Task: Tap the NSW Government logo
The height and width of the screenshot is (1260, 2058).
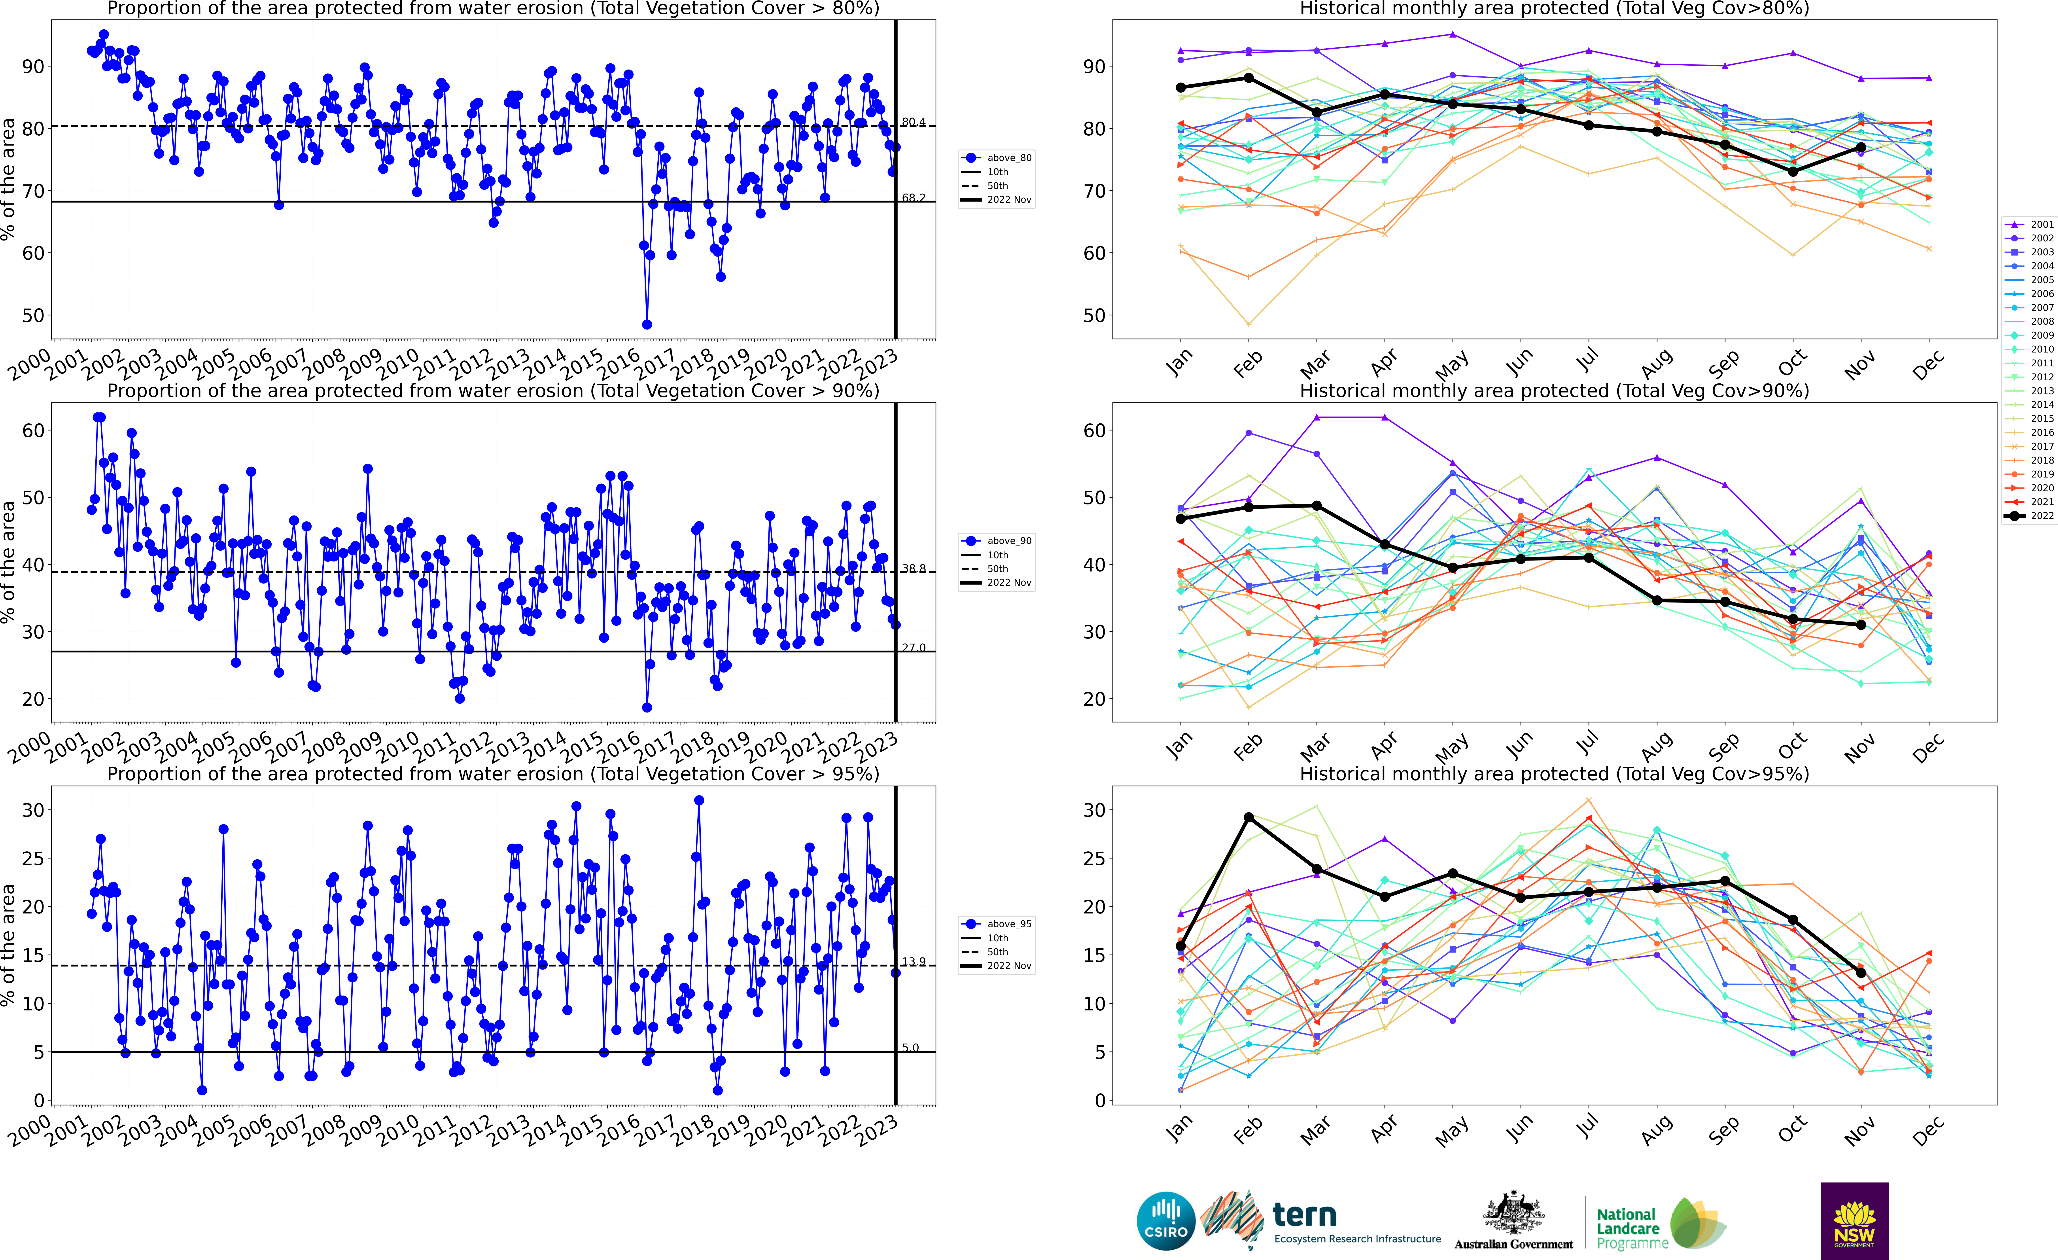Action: [x=1854, y=1220]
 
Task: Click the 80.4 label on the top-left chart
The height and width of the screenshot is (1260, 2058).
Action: [x=914, y=122]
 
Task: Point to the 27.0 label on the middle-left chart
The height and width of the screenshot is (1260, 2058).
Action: [x=914, y=648]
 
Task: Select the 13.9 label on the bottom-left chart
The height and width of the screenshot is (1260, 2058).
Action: [x=914, y=962]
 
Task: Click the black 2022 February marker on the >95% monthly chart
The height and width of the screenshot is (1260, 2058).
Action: [x=1249, y=817]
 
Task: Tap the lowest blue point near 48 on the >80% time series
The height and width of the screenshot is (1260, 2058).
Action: [x=647, y=324]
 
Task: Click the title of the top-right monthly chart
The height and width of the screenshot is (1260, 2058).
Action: [x=1554, y=8]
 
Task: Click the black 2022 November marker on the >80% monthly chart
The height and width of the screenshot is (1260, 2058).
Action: [x=1861, y=147]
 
